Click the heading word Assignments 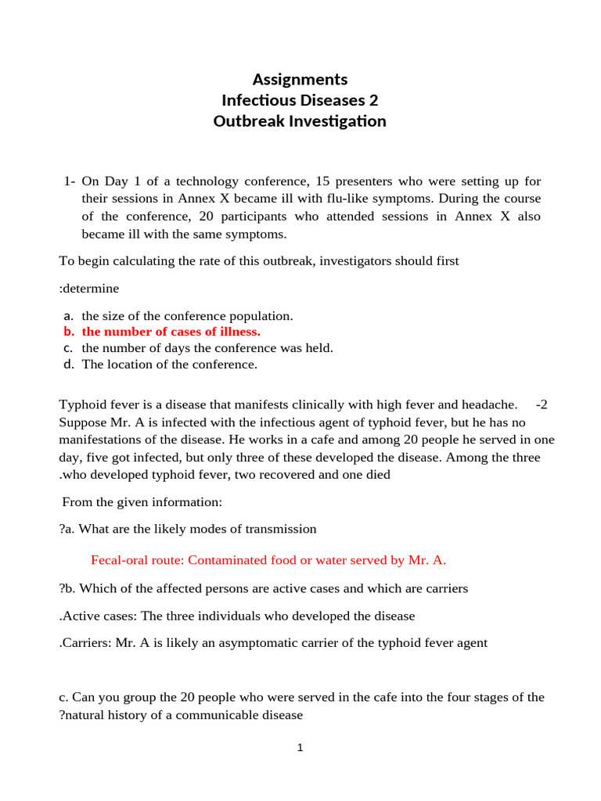pos(300,79)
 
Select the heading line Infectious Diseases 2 pos(300,100)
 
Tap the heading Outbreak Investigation pos(300,121)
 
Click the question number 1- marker pos(69,181)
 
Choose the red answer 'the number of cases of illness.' pos(171,332)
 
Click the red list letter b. pos(68,332)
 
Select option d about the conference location pos(169,364)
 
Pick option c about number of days pos(207,348)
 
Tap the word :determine pos(89,289)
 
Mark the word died pos(377,474)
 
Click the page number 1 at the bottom pos(300,749)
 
